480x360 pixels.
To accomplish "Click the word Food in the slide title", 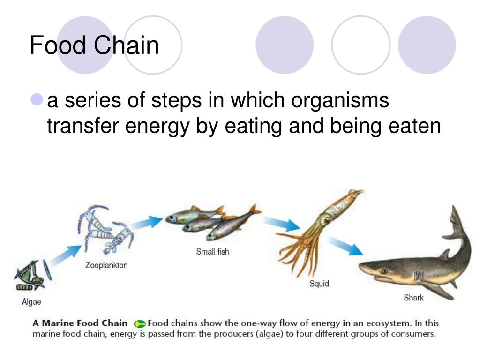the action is click(58, 45).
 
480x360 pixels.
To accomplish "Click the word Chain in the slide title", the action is click(127, 45).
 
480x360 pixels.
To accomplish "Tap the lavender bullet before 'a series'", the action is click(37, 99).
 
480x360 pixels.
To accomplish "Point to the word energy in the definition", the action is click(157, 127).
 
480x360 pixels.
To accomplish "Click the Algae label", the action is click(31, 302).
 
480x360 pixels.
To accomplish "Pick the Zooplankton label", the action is click(106, 265).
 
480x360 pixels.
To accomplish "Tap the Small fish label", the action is click(213, 252).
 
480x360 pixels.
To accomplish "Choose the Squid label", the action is click(319, 284).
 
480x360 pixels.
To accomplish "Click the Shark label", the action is click(413, 298).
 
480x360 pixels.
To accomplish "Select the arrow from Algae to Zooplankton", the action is click(66, 255).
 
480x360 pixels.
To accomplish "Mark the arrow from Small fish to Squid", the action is click(281, 224).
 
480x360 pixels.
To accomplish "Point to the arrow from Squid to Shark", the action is click(345, 246).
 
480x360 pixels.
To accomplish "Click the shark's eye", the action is click(384, 271).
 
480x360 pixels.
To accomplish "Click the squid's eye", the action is click(328, 219).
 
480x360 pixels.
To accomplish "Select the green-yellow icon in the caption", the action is click(140, 323).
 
